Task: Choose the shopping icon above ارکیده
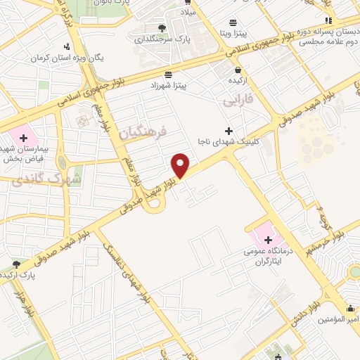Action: point(238,70)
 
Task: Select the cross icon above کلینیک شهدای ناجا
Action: point(229,131)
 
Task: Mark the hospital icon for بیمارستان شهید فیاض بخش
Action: point(23,138)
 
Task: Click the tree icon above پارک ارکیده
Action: point(15,264)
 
